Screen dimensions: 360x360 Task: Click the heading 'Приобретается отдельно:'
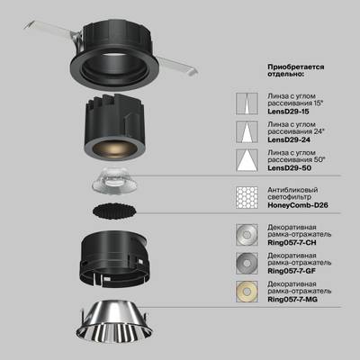pos(296,72)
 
